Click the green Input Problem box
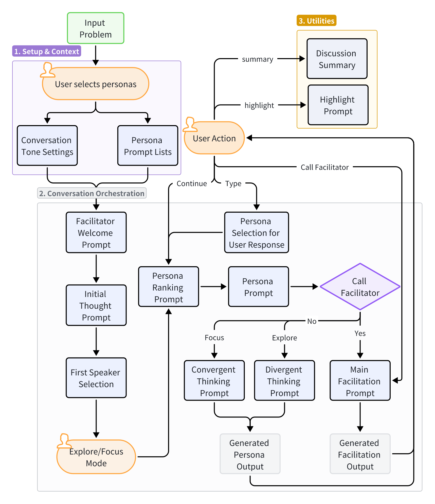[96, 28]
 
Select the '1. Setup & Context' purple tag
[47, 51]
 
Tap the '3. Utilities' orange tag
[316, 21]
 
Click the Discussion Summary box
[337, 59]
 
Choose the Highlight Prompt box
[338, 105]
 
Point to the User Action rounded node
[214, 138]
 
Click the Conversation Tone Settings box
[47, 146]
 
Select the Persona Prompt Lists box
[148, 146]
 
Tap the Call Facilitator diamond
[360, 287]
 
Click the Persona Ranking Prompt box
[168, 287]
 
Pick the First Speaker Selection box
[96, 378]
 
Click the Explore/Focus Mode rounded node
[96, 457]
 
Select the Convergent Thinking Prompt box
[214, 381]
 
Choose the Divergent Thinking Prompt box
[284, 381]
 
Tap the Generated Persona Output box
[250, 454]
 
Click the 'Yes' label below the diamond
[360, 333]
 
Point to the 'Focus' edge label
[214, 338]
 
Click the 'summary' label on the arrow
[257, 59]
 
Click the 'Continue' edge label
[192, 183]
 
